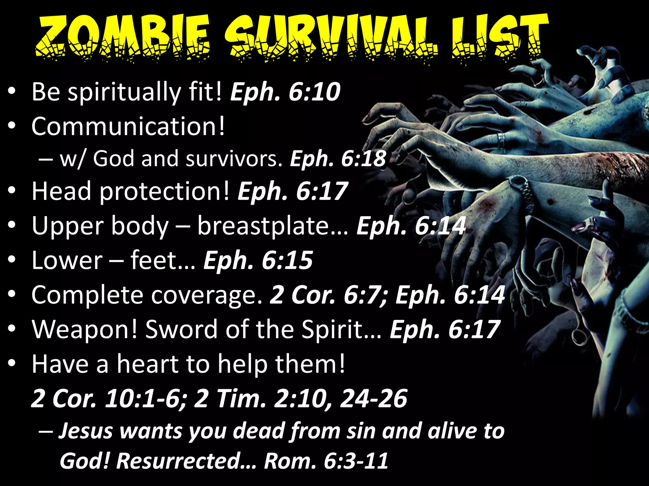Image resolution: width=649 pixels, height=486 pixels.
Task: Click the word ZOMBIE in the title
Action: (x=122, y=38)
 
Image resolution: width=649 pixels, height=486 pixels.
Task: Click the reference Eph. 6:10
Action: (x=285, y=92)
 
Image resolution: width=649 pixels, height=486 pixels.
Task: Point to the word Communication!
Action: (x=128, y=126)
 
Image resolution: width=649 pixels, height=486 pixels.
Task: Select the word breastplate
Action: (x=273, y=226)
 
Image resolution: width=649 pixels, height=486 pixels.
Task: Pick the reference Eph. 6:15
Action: (x=258, y=260)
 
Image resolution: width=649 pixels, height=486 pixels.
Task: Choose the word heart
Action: (x=147, y=364)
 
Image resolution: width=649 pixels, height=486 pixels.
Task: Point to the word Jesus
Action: (x=86, y=431)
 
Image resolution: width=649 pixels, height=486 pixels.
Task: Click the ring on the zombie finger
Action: (x=501, y=139)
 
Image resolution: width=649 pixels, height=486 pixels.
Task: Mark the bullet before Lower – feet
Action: (x=12, y=260)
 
